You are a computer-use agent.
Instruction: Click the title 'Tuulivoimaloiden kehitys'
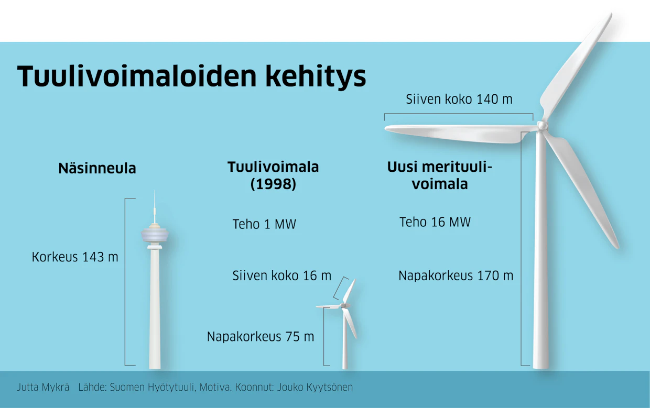pyautogui.click(x=191, y=76)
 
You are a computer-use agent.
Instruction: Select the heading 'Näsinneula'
pyautogui.click(x=97, y=169)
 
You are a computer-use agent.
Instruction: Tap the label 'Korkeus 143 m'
pyautogui.click(x=75, y=257)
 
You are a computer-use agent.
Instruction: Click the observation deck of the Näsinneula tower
pyautogui.click(x=155, y=235)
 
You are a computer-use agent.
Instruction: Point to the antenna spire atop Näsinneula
pyautogui.click(x=155, y=206)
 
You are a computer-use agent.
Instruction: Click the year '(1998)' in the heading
pyautogui.click(x=273, y=184)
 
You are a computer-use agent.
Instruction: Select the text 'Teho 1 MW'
pyautogui.click(x=264, y=224)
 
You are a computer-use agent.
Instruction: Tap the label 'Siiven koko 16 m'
pyautogui.click(x=282, y=275)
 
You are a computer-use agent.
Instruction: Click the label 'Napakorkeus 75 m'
pyautogui.click(x=261, y=337)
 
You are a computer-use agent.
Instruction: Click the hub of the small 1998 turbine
pyautogui.click(x=343, y=305)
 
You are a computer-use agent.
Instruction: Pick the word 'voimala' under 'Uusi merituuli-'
pyautogui.click(x=440, y=184)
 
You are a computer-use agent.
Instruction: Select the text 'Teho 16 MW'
pyautogui.click(x=435, y=222)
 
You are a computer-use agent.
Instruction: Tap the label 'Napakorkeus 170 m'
pyautogui.click(x=456, y=275)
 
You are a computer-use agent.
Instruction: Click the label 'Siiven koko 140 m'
pyautogui.click(x=459, y=99)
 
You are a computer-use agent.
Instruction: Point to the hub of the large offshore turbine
pyautogui.click(x=542, y=126)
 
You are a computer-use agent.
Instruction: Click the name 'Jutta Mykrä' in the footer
pyautogui.click(x=43, y=388)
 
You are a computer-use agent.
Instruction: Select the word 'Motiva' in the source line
pyautogui.click(x=215, y=388)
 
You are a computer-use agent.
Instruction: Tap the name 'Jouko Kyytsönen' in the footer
pyautogui.click(x=315, y=388)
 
